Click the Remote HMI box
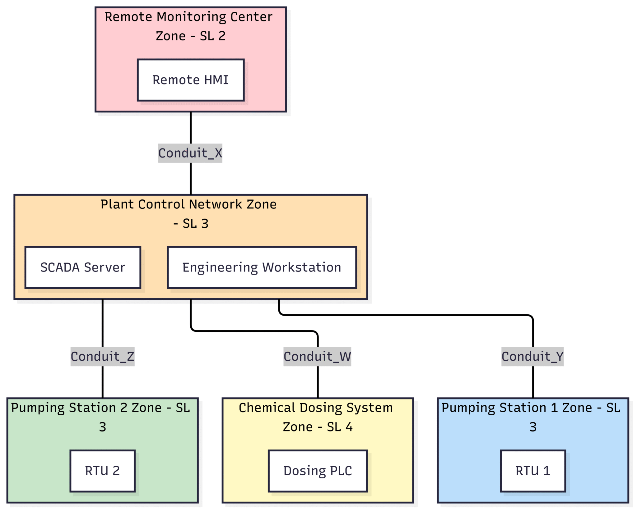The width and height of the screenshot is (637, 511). tap(190, 80)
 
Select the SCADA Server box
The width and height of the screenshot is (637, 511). tap(83, 267)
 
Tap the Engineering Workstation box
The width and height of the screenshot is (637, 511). tap(262, 267)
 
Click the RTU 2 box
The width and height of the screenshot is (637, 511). tap(102, 471)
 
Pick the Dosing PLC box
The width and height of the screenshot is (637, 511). tap(317, 471)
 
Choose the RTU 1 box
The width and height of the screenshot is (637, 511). tap(532, 471)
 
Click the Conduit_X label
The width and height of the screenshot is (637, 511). tap(190, 153)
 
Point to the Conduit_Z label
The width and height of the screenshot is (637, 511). tap(102, 357)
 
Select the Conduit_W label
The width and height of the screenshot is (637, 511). tap(317, 357)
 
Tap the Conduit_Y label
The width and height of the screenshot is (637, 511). tap(532, 357)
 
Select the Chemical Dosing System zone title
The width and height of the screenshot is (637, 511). tap(315, 408)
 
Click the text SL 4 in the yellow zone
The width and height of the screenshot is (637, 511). tap(340, 427)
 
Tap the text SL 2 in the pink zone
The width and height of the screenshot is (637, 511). tap(213, 36)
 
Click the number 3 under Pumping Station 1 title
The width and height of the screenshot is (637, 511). tap(533, 427)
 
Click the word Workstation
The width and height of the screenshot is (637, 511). tap(302, 267)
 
